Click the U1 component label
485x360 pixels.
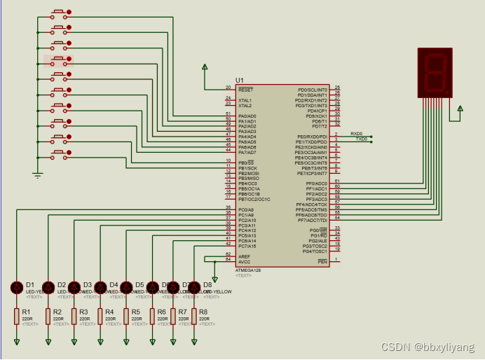coord(240,80)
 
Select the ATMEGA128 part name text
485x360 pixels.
coord(247,270)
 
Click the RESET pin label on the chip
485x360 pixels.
coord(245,90)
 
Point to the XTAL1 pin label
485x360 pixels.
coord(245,100)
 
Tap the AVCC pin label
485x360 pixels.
coord(244,261)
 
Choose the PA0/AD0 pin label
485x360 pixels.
coord(247,116)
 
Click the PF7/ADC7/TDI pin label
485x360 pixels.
coord(312,219)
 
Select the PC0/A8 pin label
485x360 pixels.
coord(246,209)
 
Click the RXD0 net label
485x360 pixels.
coord(357,133)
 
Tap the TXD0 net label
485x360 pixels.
coord(361,139)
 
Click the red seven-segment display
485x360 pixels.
coord(434,72)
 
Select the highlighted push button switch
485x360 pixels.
coord(59,61)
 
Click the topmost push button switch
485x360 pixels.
coord(59,13)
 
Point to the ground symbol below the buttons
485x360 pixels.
coord(38,174)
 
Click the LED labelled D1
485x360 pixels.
coord(17,287)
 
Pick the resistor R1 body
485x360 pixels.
coord(17,317)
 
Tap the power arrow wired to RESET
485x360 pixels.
coord(205,68)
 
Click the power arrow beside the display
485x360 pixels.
coord(460,109)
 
